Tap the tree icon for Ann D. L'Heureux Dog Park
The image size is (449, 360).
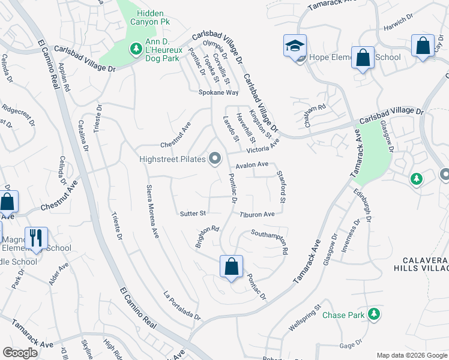pos(136,48)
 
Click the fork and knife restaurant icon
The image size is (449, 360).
pos(37,238)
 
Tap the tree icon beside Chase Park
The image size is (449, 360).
pos(374,314)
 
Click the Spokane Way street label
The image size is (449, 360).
pos(219,92)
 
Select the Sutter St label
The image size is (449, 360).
pos(193,213)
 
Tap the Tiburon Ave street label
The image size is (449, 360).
pos(257,214)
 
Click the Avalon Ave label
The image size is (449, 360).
pos(252,164)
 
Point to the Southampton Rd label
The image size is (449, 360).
pos(270,241)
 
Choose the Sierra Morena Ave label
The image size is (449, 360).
pos(152,211)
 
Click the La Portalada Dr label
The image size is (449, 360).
pos(181,306)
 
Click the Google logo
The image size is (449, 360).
pos(20,352)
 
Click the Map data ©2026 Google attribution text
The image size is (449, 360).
pos(411,355)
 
